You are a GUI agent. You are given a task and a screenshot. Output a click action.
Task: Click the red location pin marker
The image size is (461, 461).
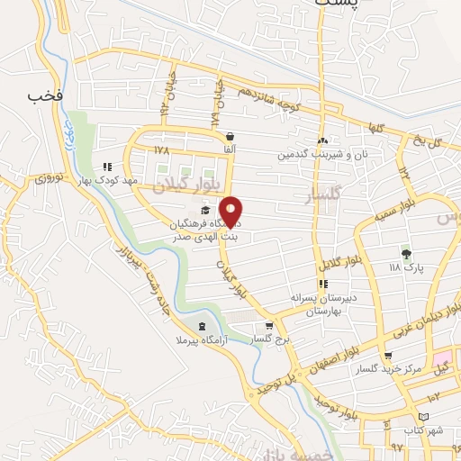point(231,212)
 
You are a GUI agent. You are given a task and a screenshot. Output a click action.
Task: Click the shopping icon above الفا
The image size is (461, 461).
point(230,137)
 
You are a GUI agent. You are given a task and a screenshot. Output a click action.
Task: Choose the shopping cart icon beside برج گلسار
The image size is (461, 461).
point(268,326)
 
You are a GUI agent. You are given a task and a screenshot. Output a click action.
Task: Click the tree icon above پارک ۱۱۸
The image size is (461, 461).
point(406,254)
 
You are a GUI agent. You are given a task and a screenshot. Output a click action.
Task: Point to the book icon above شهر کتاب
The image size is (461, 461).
point(425,417)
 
